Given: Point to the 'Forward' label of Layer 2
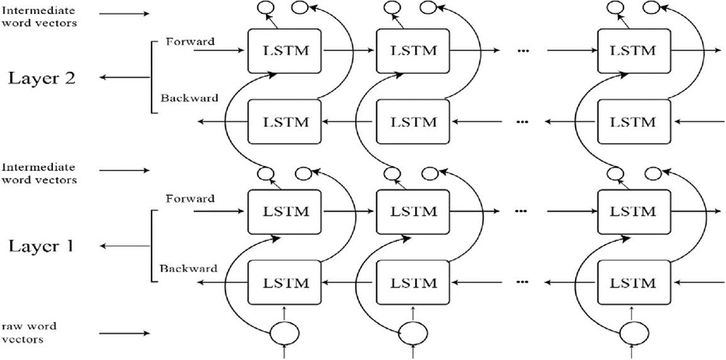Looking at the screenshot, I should [x=189, y=41].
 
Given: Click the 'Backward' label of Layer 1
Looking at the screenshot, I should [x=187, y=269].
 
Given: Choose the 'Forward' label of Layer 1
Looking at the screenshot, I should [x=189, y=198].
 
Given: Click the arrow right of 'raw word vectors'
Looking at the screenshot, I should [x=123, y=333].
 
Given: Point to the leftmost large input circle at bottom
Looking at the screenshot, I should [x=283, y=335].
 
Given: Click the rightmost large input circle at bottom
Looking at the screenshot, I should [x=634, y=335].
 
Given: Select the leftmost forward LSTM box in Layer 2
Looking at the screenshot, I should [x=284, y=51].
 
